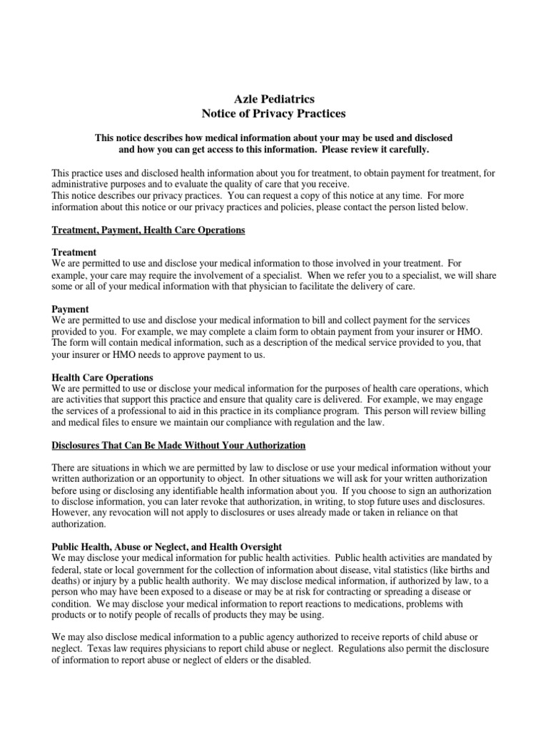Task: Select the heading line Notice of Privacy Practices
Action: [274, 113]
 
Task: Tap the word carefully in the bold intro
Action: [407, 150]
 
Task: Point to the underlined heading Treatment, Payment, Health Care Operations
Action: [148, 230]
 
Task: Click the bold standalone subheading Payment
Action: [71, 309]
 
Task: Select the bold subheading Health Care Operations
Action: [103, 377]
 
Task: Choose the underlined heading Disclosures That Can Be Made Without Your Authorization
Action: [179, 446]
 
